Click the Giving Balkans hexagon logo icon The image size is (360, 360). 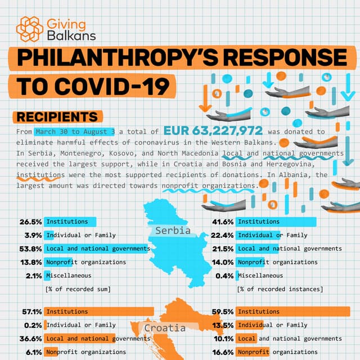click(29, 28)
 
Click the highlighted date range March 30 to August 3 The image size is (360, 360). click(75, 132)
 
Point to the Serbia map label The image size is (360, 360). click(173, 231)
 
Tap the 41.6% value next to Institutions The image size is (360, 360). click(223, 222)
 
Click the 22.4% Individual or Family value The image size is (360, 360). click(223, 235)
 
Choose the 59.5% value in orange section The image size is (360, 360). click(223, 311)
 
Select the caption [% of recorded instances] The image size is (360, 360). click(280, 289)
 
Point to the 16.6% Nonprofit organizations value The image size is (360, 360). click(223, 352)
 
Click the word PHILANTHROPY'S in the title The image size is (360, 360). click(141, 58)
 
